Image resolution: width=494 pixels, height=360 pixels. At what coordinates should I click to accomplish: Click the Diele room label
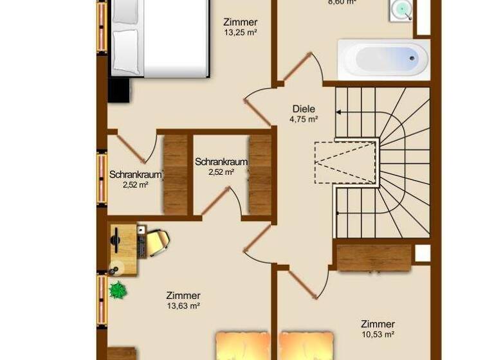304,109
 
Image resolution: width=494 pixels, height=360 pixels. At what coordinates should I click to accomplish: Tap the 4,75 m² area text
304,119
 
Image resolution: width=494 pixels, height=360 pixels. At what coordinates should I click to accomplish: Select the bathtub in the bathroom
383,60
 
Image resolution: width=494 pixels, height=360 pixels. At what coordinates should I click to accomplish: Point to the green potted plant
118,290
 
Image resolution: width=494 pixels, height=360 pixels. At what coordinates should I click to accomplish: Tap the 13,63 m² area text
183,306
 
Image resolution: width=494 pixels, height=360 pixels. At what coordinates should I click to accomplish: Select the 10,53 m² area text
378,334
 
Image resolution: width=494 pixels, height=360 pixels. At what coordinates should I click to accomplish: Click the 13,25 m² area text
241,32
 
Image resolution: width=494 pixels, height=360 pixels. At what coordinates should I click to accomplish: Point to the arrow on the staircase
340,112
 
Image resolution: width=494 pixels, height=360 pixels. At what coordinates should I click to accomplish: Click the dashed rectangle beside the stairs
345,162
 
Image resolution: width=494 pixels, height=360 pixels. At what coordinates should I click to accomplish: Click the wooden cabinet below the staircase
374,257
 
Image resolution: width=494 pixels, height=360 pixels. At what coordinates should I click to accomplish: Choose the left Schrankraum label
135,174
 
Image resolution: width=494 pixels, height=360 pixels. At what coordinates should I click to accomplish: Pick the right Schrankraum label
221,162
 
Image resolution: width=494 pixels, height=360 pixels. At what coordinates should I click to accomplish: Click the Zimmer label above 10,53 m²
378,324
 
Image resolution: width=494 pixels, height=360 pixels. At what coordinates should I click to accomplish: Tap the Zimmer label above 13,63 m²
183,296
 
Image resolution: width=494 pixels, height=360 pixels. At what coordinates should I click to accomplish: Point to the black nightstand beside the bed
119,89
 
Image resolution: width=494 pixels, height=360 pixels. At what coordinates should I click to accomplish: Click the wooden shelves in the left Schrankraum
175,174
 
